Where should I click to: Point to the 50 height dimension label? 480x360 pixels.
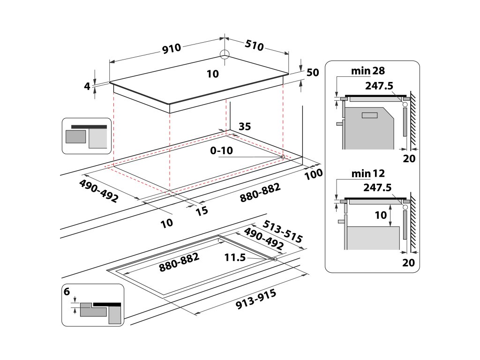[x=313, y=73]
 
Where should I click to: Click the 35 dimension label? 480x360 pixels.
[x=245, y=126]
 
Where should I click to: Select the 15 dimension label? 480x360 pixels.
[x=202, y=211]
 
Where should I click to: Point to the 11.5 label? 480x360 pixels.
[x=235, y=257]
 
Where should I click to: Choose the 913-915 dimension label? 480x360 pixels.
[x=255, y=300]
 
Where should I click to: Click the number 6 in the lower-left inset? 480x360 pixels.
[x=67, y=292]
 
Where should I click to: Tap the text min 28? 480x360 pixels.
[x=367, y=71]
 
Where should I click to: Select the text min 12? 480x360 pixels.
[x=367, y=173]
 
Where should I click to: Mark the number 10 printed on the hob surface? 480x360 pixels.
[x=212, y=74]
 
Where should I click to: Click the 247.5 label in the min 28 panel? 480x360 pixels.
[x=377, y=85]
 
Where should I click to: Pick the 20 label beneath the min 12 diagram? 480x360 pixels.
[x=409, y=262]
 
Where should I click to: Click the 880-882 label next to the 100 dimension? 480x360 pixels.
[x=260, y=193]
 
